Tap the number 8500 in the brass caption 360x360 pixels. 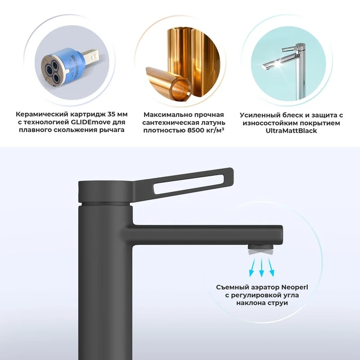coord(196,130)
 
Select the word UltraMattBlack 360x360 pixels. coord(291,130)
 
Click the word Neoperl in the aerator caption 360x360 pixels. coord(295,287)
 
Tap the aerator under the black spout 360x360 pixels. coord(261,250)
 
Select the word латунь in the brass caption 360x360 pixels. coord(213,122)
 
